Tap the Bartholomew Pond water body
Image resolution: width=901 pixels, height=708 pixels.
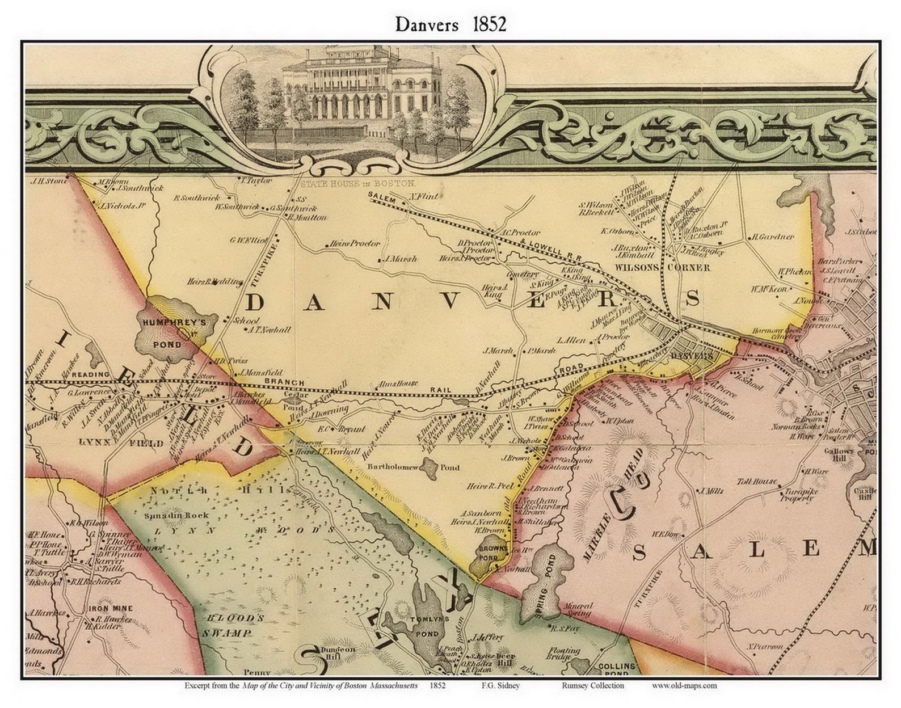tap(430, 468)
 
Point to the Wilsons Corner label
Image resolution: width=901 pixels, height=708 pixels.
tap(662, 267)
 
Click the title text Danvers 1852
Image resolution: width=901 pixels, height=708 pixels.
tap(450, 24)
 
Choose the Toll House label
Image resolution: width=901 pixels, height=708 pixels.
tap(757, 482)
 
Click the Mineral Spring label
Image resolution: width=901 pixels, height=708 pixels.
tap(577, 610)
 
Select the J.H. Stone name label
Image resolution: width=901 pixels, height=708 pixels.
tap(50, 181)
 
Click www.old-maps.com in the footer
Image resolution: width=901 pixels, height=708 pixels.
tap(684, 685)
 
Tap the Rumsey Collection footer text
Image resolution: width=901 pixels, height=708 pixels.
tap(593, 685)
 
